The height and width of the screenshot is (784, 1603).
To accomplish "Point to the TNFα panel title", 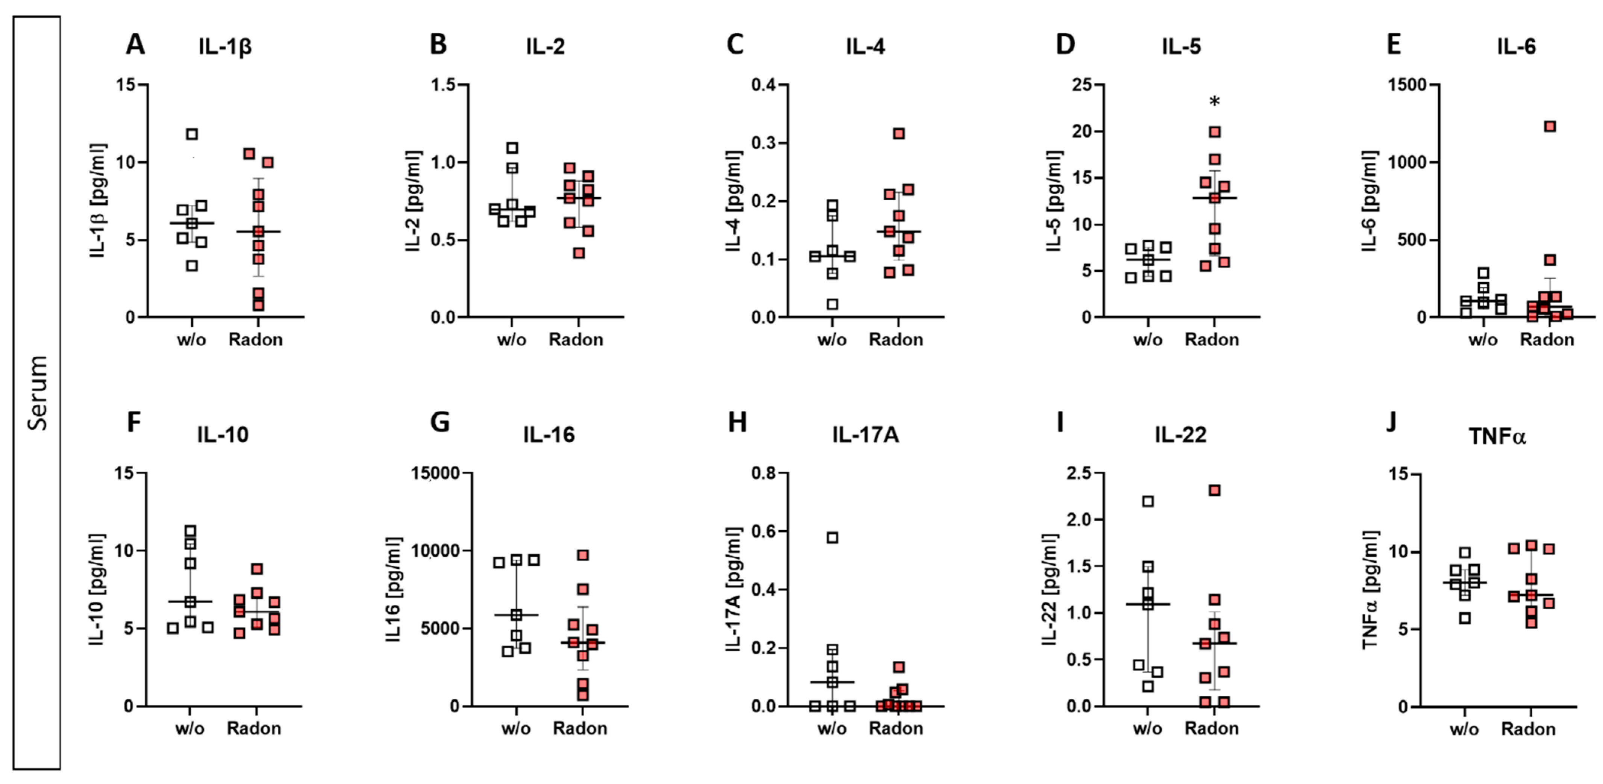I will (1497, 436).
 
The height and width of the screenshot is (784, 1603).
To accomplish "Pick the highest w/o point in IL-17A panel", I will (832, 537).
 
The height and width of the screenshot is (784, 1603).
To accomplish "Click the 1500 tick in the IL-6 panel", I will (1408, 85).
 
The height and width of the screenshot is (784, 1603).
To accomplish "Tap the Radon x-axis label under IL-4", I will (895, 340).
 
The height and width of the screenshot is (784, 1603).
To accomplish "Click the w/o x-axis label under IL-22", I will (1147, 729).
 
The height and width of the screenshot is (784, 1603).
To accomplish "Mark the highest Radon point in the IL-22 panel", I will (1214, 491).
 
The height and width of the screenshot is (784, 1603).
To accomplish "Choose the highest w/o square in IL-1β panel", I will (192, 135).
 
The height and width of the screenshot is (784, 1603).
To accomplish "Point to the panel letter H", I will (737, 422).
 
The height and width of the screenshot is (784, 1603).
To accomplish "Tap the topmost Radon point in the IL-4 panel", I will (898, 134).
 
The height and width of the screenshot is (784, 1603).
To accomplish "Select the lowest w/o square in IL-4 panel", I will (832, 304).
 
